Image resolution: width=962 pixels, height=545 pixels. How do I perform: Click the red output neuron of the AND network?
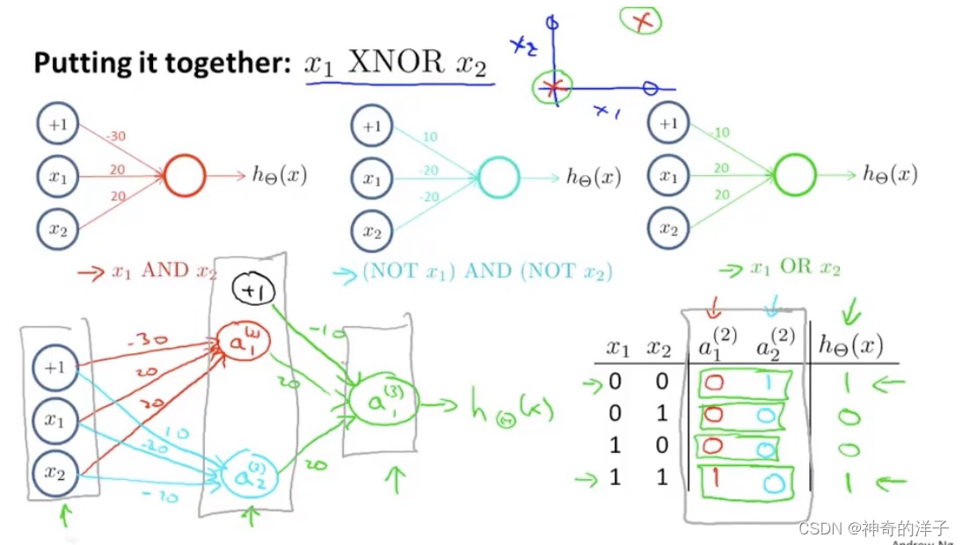(184, 176)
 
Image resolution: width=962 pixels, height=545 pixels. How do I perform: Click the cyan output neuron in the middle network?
(499, 178)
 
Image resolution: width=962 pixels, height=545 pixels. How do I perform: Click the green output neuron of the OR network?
(795, 174)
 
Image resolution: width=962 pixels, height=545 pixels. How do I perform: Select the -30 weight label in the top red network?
(115, 136)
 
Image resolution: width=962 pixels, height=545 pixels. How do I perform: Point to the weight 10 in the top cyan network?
(429, 138)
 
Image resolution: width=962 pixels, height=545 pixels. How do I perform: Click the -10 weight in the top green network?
(720, 134)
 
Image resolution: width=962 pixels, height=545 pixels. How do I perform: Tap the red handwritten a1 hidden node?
(244, 342)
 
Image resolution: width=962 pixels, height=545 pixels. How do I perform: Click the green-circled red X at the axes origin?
(552, 87)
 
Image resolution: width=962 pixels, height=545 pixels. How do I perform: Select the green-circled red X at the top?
(642, 21)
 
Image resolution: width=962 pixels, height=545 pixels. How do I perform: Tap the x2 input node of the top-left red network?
(58, 230)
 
